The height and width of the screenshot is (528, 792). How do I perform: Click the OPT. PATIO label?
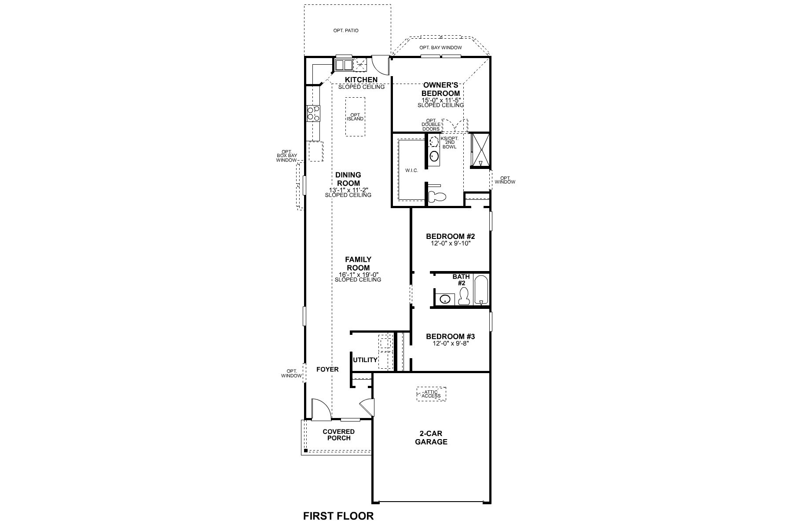pos(345,31)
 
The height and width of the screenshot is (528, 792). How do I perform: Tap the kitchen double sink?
pos(344,65)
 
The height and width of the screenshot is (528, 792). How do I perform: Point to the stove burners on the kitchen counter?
pos(313,114)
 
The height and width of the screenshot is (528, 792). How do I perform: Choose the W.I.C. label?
pos(411,171)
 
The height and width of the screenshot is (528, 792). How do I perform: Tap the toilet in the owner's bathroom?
pos(437,197)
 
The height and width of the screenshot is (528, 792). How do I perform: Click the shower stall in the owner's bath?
pos(480,150)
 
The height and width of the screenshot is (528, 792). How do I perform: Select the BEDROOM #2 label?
pos(450,236)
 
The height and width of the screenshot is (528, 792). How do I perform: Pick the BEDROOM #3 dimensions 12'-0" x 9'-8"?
pos(450,344)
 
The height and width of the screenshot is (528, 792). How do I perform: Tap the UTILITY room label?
pos(365,360)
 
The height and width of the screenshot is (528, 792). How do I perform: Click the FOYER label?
pos(327,369)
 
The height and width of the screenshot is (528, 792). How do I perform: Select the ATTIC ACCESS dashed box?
pos(431,394)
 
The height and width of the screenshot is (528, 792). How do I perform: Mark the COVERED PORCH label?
pos(339,435)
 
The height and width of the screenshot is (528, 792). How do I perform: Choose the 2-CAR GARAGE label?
pos(431,437)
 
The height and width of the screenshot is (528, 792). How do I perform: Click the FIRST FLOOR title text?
pos(338,516)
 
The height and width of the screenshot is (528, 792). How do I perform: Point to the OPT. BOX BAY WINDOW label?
pos(286,156)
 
